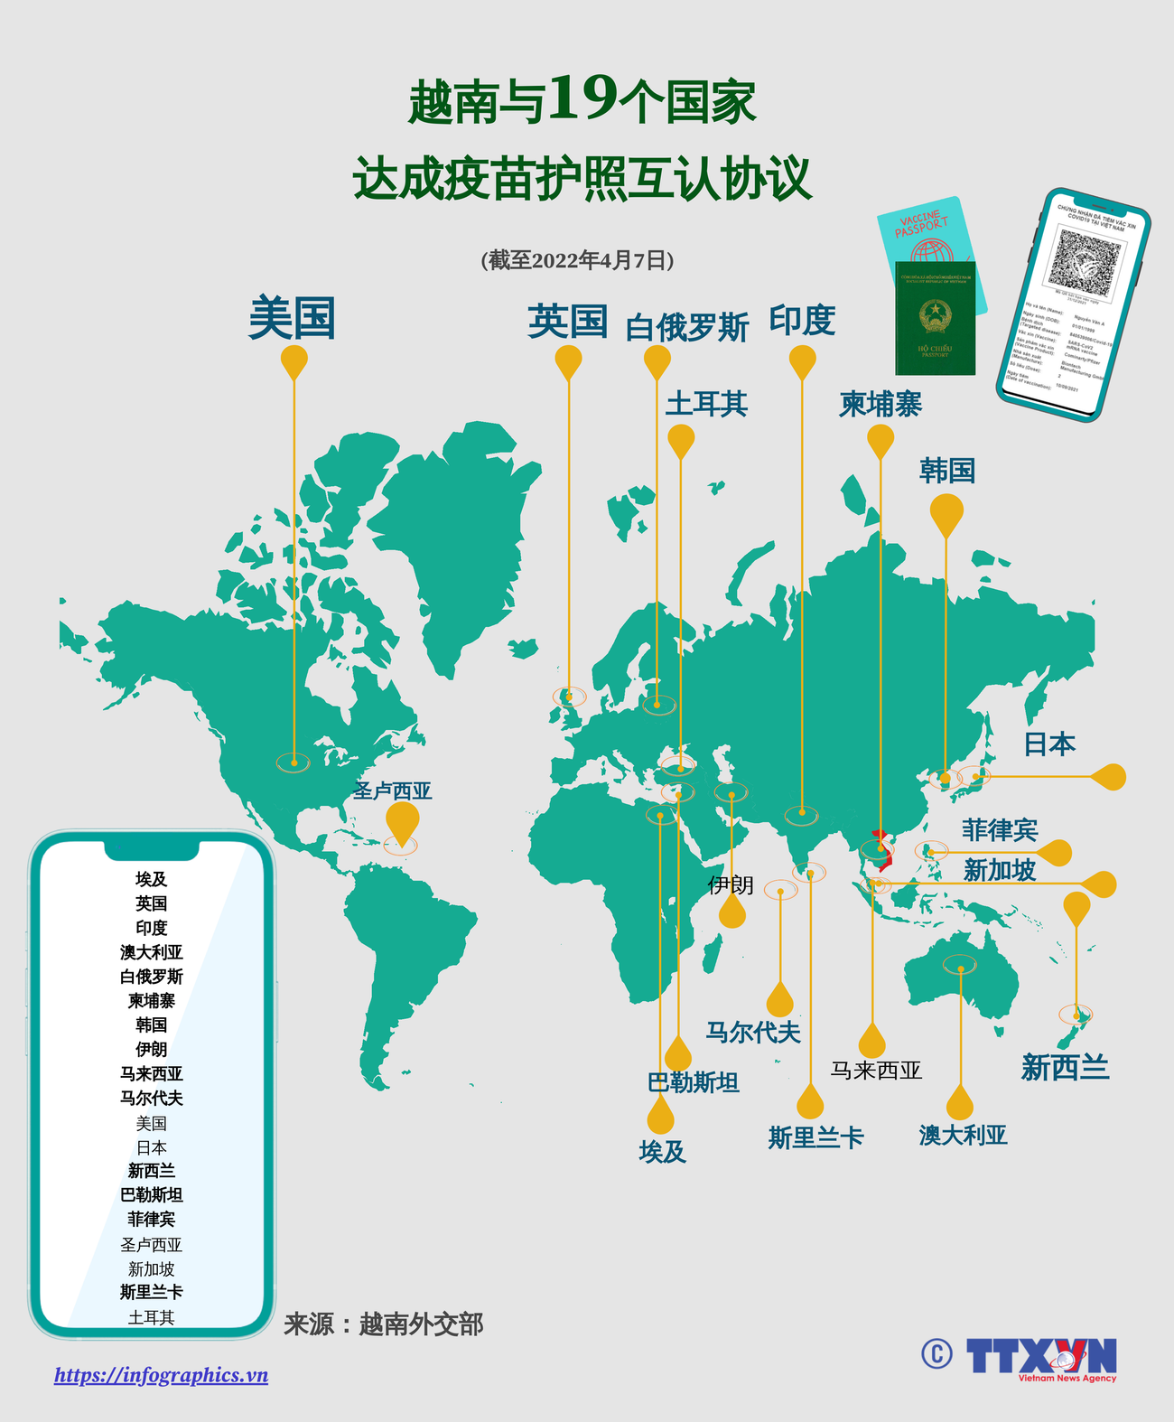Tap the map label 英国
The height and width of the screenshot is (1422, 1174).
click(567, 322)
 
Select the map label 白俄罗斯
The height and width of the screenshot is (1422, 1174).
click(686, 327)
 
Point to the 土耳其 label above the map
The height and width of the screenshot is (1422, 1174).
click(706, 403)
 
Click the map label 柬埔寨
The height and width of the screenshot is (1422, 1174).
click(880, 404)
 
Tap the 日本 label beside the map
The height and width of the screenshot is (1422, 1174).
click(1048, 744)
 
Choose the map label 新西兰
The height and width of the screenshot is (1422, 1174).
click(1065, 1068)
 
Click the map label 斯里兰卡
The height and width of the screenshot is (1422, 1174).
click(815, 1137)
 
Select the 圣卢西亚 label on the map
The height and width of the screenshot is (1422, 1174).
click(392, 791)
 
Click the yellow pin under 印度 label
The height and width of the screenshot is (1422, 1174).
click(802, 361)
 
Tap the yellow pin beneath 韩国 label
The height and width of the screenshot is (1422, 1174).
click(946, 514)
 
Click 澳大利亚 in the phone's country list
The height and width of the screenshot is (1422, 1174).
click(151, 952)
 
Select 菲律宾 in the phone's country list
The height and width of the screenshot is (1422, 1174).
click(151, 1219)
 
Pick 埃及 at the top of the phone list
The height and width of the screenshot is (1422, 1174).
click(151, 879)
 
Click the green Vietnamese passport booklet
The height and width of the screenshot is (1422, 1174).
click(935, 318)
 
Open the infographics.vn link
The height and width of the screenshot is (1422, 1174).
click(161, 1375)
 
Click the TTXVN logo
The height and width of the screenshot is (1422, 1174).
click(1040, 1357)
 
